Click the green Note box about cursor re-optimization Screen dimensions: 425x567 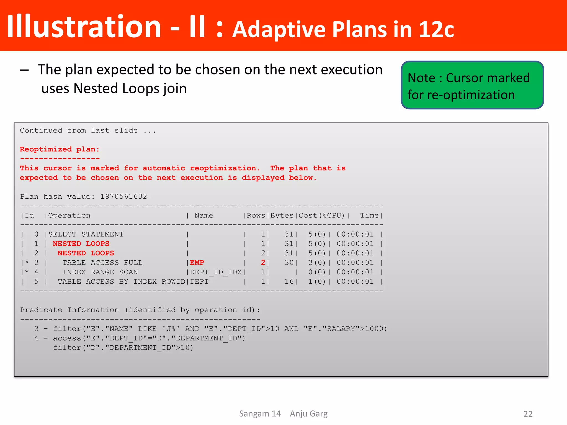(472, 85)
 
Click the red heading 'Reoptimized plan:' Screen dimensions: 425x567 (60, 149)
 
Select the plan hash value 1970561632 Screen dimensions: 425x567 (123, 197)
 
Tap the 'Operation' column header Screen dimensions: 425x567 (69, 216)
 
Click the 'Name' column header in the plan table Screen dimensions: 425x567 (204, 216)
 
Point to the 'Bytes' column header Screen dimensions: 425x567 (282, 216)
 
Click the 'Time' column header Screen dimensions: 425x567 (369, 216)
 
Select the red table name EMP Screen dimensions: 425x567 (197, 263)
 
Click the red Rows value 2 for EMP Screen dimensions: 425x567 (263, 263)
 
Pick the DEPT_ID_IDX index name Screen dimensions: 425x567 (216, 272)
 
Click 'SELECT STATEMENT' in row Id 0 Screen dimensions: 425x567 (86, 234)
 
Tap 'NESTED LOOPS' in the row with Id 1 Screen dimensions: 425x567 (81, 244)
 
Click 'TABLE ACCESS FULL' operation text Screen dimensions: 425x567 (102, 263)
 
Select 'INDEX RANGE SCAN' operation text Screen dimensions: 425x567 (100, 272)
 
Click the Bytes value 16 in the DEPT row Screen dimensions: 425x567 (289, 282)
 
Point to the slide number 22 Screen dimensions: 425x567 (528, 414)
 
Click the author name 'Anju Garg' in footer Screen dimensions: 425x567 (308, 414)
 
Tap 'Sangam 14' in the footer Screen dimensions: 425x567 (260, 414)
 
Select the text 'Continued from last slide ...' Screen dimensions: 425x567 (88, 131)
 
